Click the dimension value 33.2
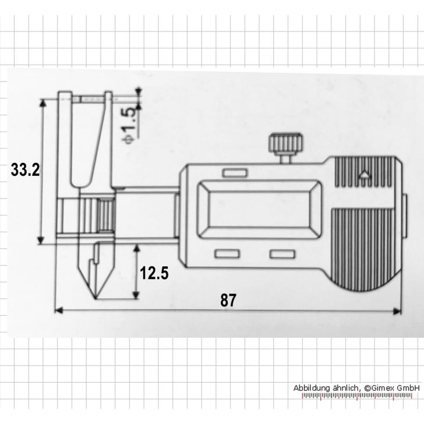tap(25, 171)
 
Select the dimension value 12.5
tap(154, 273)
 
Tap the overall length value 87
tap(228, 301)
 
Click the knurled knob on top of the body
tap(285, 144)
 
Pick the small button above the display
tap(234, 174)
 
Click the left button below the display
tap(227, 255)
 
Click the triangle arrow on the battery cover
tap(364, 174)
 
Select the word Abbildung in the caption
tap(313, 388)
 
